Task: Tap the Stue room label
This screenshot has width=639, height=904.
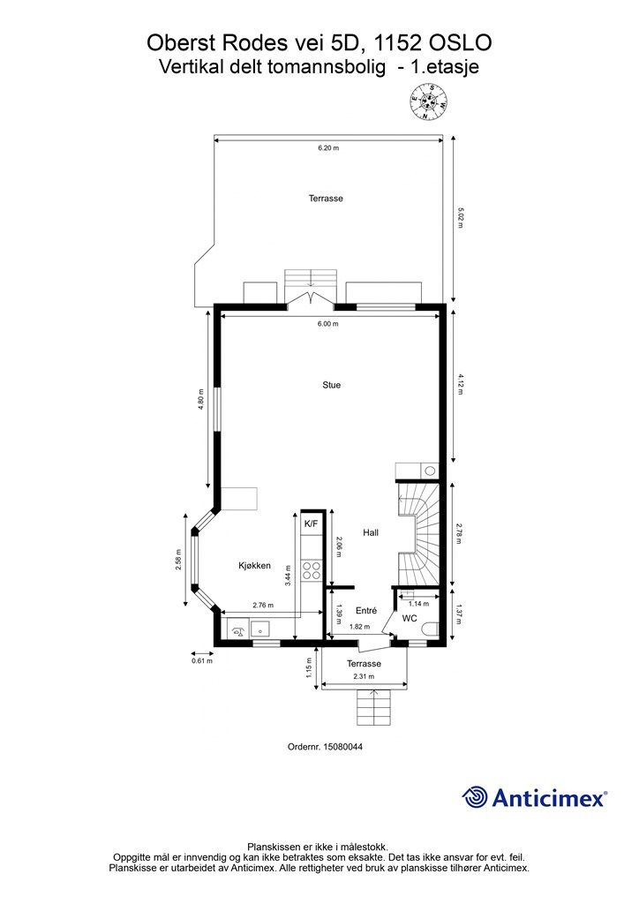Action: pos(331,385)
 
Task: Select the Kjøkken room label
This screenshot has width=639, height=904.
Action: pos(254,566)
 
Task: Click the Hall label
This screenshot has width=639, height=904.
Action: pos(371,532)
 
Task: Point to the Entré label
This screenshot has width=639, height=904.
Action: pos(366,611)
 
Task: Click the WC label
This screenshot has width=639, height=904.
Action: pos(410,619)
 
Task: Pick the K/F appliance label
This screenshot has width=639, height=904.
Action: pos(311,524)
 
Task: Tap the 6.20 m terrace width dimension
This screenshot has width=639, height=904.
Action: pos(328,148)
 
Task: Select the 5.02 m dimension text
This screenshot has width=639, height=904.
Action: pos(460,218)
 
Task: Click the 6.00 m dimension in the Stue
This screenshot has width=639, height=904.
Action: pos(327,324)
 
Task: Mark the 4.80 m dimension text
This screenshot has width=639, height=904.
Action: pos(202,400)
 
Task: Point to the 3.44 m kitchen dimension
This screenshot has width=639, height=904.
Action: pos(288,575)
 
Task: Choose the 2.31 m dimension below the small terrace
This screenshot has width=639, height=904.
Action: pos(364,676)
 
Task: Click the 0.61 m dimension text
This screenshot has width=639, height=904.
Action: pos(202,660)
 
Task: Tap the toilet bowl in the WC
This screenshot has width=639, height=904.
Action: pos(431,629)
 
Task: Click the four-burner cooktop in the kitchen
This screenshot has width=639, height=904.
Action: pos(311,569)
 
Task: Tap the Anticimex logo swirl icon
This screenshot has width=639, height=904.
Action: pos(476,797)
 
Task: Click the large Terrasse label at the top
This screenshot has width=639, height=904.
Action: pos(326,199)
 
